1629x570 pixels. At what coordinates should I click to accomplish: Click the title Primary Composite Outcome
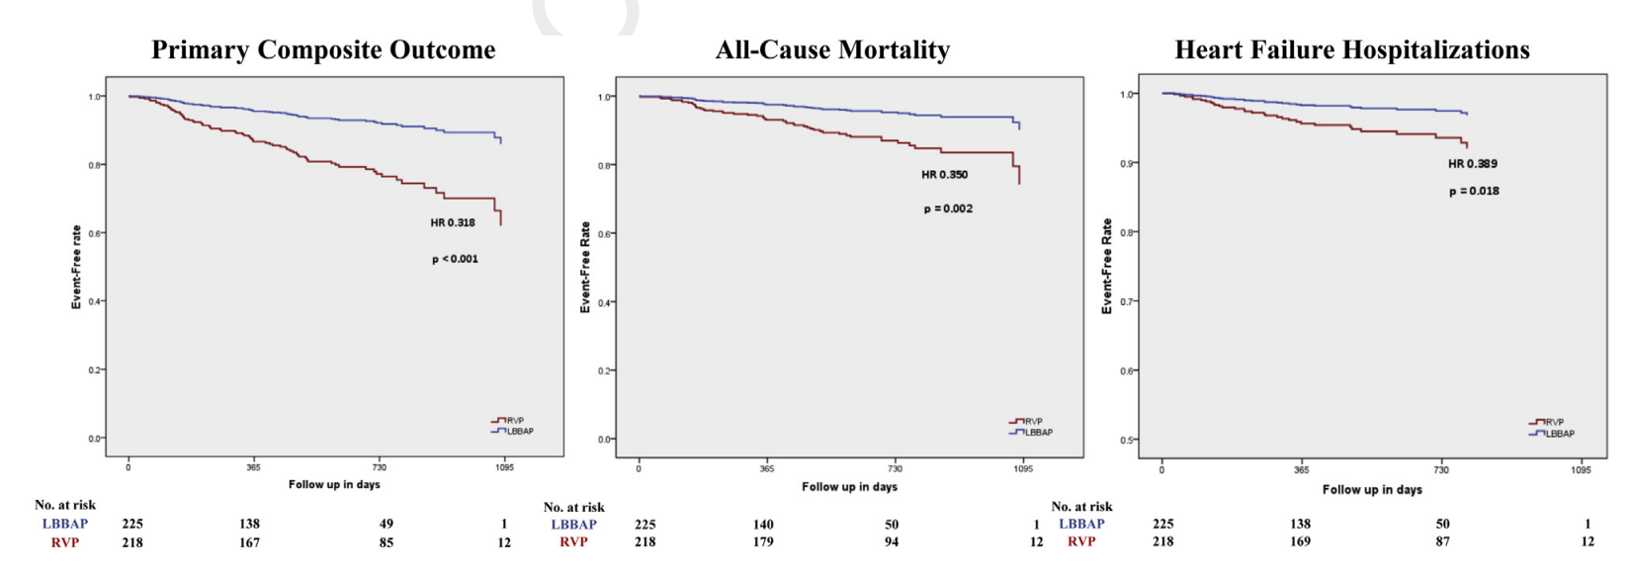[323, 50]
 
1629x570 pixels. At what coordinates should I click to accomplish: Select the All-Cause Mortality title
[832, 50]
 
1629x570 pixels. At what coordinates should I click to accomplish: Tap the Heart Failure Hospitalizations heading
[1351, 50]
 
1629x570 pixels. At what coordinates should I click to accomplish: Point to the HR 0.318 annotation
[453, 223]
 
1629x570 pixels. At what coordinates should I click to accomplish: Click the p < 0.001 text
[455, 259]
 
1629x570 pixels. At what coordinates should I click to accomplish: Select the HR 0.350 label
[945, 175]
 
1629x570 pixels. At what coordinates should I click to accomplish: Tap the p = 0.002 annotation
[948, 209]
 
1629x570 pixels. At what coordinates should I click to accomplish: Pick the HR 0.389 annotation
[1473, 164]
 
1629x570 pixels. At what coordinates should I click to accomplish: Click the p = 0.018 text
[1474, 192]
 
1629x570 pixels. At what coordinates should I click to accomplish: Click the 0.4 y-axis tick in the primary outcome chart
[95, 301]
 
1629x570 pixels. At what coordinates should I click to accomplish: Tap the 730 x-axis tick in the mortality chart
[895, 468]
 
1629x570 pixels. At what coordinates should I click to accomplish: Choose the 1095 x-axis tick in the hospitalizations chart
[1582, 470]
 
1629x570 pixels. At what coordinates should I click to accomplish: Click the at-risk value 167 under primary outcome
[249, 542]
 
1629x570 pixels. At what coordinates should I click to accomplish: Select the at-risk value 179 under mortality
[763, 541]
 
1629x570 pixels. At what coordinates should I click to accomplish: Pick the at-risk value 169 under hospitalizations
[1300, 541]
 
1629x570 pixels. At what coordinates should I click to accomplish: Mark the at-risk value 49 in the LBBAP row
[386, 525]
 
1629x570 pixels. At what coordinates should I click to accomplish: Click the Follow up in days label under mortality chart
[849, 487]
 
